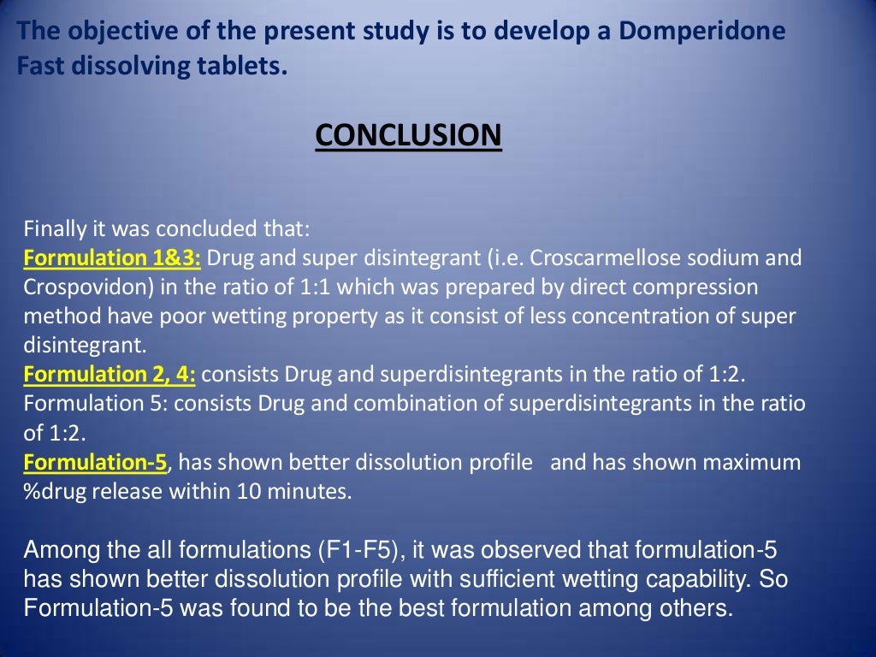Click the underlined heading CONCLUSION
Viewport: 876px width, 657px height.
pos(408,135)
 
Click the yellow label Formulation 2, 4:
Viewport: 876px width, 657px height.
pos(109,375)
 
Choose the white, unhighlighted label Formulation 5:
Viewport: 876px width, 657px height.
pos(86,403)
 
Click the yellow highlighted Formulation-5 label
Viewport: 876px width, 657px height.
pos(98,463)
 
